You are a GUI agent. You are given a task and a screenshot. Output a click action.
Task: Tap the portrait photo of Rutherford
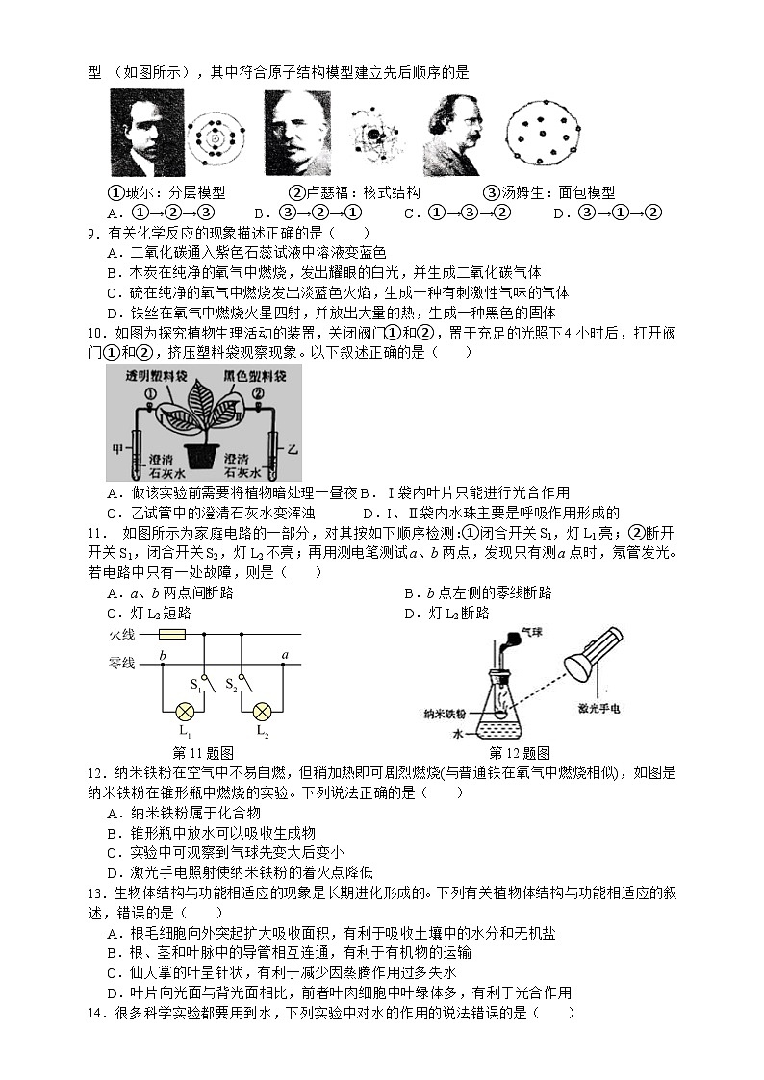(297, 133)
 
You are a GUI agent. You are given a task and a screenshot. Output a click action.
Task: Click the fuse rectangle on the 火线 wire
(171, 635)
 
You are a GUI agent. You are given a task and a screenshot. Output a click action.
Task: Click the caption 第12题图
(519, 753)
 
